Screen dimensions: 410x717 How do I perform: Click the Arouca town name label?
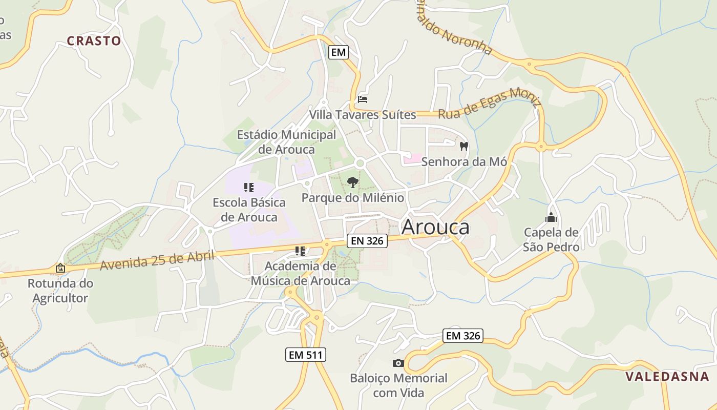(x=435, y=227)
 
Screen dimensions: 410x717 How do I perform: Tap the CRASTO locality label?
(x=94, y=41)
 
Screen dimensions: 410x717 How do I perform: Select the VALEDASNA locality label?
(x=667, y=377)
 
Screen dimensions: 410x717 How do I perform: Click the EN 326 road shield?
(x=367, y=241)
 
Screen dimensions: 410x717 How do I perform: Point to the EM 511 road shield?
(x=306, y=354)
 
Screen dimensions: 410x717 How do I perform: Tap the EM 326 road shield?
(x=463, y=336)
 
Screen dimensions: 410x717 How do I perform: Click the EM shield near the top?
(x=338, y=52)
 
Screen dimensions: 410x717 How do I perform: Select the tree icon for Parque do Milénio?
(x=352, y=182)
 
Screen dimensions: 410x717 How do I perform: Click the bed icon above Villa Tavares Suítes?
(x=363, y=99)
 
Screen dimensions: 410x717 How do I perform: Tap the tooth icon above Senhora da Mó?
(x=464, y=147)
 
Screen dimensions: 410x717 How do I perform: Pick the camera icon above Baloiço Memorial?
(x=398, y=363)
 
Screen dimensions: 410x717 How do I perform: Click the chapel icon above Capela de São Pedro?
(x=551, y=217)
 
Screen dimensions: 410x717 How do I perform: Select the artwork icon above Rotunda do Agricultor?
(x=60, y=268)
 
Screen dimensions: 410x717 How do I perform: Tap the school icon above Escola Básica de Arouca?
(x=249, y=188)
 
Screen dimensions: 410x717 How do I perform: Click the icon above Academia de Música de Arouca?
(x=300, y=251)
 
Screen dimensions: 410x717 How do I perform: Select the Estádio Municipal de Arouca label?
(x=286, y=142)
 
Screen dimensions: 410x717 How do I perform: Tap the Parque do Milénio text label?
(x=352, y=198)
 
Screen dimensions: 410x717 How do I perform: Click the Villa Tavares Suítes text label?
(x=363, y=114)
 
